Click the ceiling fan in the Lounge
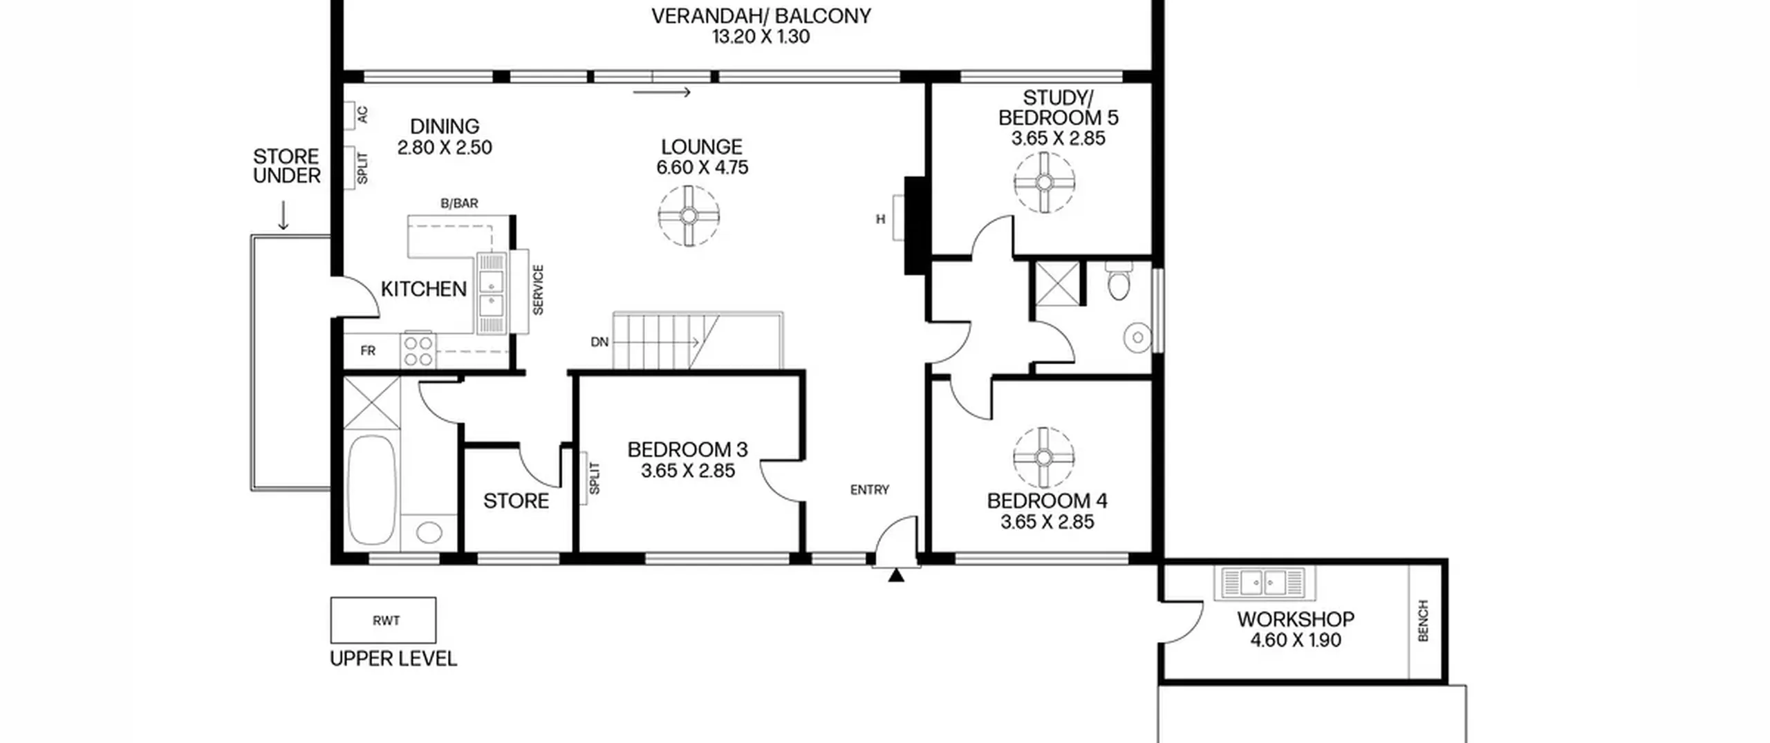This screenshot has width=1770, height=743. click(689, 216)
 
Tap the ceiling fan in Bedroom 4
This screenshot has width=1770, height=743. click(1044, 458)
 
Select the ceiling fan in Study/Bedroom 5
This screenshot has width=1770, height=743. click(1045, 182)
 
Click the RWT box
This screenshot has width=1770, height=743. click(383, 620)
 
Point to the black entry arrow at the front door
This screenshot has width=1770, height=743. click(896, 574)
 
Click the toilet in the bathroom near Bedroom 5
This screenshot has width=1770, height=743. click(1119, 281)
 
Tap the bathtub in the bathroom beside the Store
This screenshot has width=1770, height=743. click(371, 490)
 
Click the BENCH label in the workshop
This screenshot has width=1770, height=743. click(1423, 621)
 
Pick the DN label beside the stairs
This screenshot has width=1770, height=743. click(599, 342)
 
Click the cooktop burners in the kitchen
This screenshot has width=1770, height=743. click(419, 350)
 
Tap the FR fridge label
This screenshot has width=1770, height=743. click(368, 351)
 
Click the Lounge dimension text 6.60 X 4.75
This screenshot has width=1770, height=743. click(702, 167)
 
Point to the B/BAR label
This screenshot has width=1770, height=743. click(460, 203)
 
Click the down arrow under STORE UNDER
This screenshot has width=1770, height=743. click(283, 216)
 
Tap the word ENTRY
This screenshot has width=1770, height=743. click(870, 490)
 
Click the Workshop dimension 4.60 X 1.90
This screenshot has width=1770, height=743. click(1296, 640)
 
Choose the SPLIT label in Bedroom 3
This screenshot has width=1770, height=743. click(594, 478)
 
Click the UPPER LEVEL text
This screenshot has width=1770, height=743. click(393, 659)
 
